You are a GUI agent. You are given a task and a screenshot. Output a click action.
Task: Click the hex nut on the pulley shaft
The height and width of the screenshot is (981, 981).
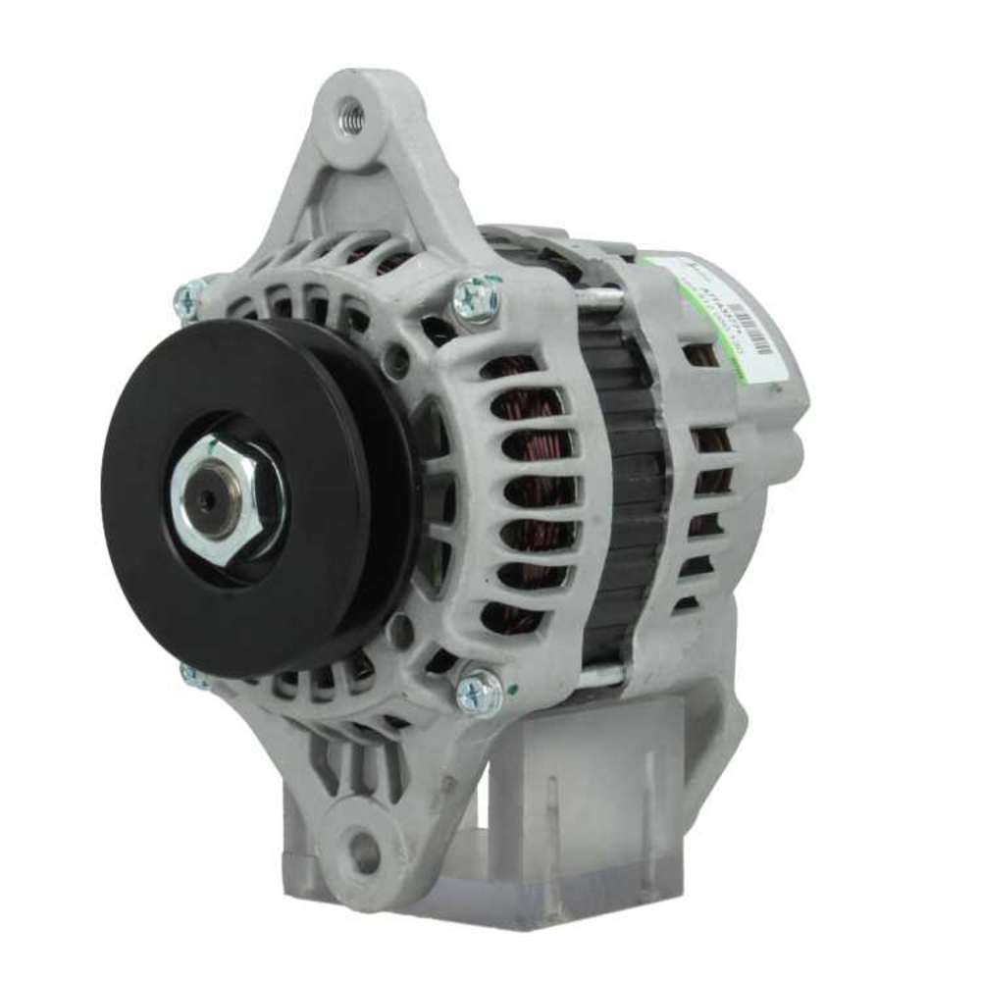tap(228, 500)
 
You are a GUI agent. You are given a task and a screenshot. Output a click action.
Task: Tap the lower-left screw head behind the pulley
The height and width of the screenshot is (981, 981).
tap(192, 675)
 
